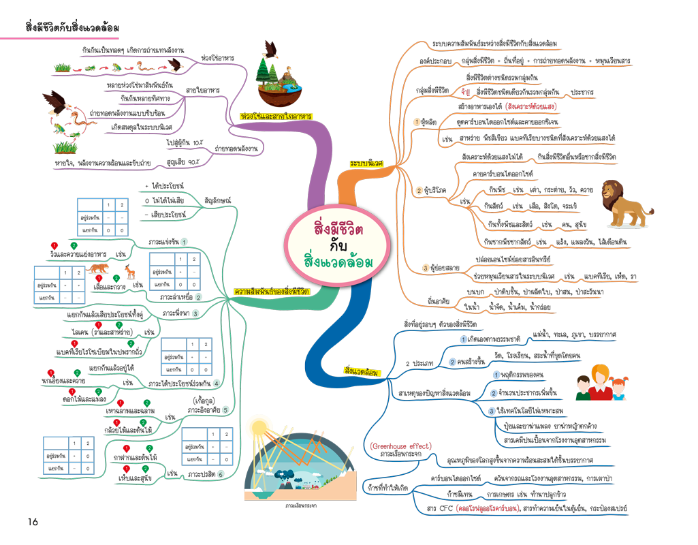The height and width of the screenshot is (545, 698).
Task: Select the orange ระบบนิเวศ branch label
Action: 366,164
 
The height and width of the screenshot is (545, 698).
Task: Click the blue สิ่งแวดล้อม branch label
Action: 362,371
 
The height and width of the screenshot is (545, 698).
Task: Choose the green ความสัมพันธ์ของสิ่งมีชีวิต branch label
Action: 272,292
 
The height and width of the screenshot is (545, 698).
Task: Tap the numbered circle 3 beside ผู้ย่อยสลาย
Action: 426,268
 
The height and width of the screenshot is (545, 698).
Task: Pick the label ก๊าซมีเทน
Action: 458,492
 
